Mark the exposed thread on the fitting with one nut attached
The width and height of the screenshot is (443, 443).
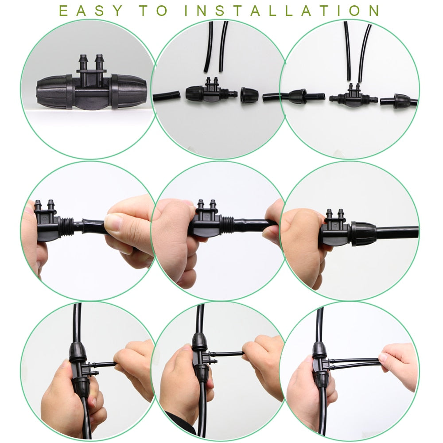coord(229,94)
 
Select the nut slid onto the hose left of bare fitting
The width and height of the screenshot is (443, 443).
coord(297,97)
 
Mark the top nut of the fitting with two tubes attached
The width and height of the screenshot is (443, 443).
coord(319,350)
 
